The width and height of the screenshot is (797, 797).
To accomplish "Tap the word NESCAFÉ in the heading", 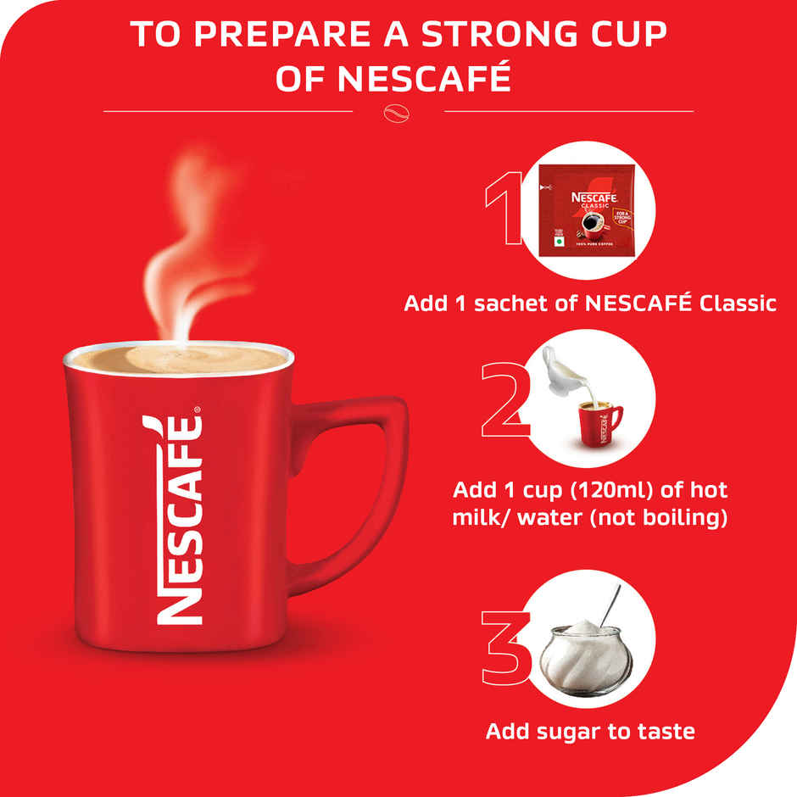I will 424,79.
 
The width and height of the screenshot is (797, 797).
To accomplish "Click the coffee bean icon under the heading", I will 398,111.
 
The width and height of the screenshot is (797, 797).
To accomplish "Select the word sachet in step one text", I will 495,303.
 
